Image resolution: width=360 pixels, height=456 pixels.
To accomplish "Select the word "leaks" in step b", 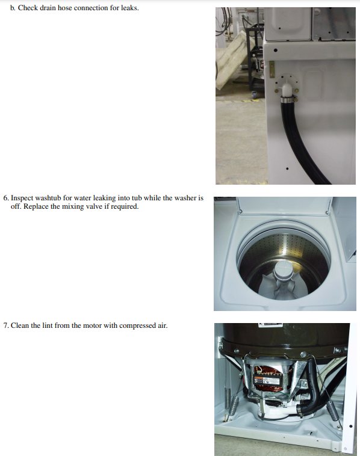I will pyautogui.click(x=129, y=8).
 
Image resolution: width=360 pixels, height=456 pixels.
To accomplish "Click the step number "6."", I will pyautogui.click(x=6, y=198).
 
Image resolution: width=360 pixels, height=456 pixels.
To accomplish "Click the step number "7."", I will pyautogui.click(x=6, y=326).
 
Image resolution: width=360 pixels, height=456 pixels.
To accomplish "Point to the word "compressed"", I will pyautogui.click(x=137, y=326).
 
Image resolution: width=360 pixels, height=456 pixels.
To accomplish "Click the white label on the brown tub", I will pyautogui.click(x=269, y=325).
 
